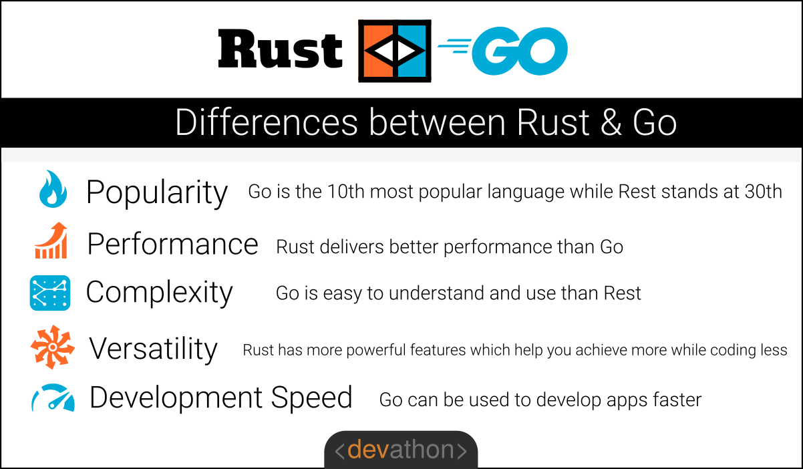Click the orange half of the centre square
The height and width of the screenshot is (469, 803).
(x=378, y=51)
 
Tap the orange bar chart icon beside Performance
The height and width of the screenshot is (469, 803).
(x=51, y=241)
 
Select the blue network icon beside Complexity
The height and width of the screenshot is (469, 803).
(x=49, y=293)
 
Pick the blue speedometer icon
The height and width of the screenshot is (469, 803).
(x=52, y=398)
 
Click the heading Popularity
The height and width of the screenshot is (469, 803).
(x=157, y=192)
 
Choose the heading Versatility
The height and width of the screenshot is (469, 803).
(x=153, y=348)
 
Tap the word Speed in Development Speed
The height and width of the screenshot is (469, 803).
(x=311, y=398)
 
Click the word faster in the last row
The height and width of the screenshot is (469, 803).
(x=674, y=400)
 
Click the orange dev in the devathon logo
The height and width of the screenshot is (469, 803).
(x=364, y=450)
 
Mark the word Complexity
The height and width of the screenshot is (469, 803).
(x=159, y=292)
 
